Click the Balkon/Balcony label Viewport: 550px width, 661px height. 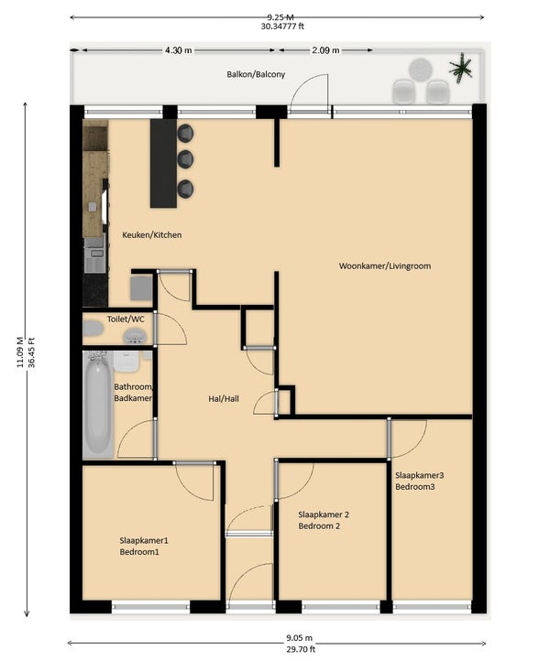pos(256,75)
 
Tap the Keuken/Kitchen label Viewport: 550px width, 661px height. pos(152,234)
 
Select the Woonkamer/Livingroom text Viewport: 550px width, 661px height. pos(385,266)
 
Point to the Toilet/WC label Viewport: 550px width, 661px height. pos(126,320)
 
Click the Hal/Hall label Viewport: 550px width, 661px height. pos(224,399)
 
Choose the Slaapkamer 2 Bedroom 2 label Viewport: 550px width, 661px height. pos(324,520)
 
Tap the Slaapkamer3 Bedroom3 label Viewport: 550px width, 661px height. pos(420,481)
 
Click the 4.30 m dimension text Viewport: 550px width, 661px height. pos(178,50)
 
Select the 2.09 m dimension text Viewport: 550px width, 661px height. pos(325,50)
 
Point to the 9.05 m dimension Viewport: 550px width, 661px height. pos(299,638)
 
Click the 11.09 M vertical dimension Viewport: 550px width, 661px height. pos(20,352)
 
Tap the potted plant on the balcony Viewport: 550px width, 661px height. pos(460,68)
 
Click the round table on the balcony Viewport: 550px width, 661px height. pos(420,70)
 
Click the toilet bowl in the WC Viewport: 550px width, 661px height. pos(93,329)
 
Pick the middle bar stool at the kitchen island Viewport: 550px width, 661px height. pos(185,159)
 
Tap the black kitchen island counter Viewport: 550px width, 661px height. pos(163,163)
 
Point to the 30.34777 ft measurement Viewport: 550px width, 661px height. pos(282,27)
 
